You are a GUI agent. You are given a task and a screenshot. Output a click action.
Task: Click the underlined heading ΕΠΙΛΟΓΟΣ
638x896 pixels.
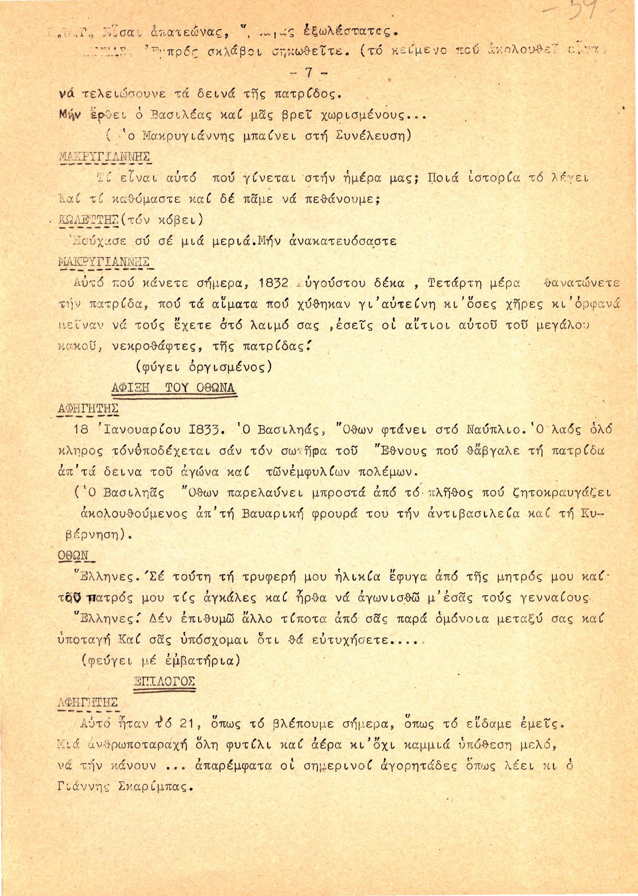[x=164, y=681]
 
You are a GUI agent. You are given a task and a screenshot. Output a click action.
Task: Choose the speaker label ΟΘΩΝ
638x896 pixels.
[x=74, y=555]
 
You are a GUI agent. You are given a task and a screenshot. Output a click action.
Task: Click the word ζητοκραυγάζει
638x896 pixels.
[x=561, y=493]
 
